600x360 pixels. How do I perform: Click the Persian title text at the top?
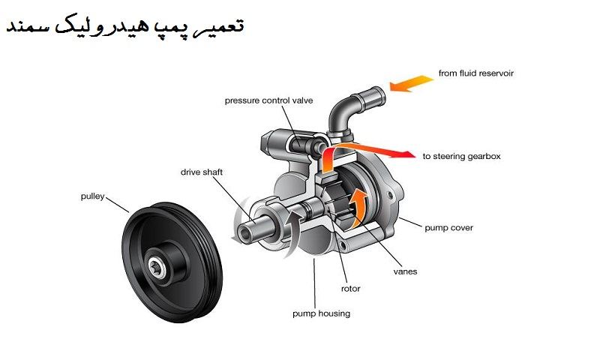point(125,28)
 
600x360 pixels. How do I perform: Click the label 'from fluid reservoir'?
point(476,73)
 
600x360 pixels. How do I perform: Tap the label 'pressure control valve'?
point(268,100)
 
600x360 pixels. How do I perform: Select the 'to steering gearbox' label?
point(461,157)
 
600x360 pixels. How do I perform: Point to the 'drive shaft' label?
point(201,172)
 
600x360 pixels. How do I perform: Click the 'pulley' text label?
point(92,196)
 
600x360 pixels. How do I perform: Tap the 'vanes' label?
point(405,271)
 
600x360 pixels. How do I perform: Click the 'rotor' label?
point(349,288)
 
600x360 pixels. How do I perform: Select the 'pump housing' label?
point(321,313)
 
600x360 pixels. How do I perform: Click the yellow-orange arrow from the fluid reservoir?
point(409,84)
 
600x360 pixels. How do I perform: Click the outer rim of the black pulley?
point(135,217)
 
